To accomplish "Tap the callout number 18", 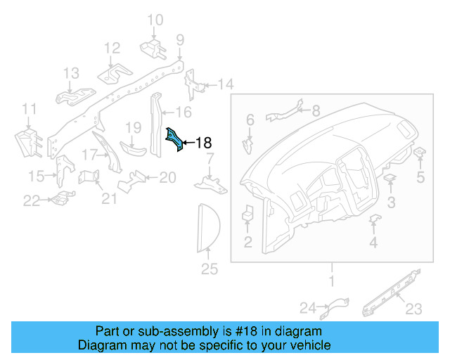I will pyautogui.click(x=202, y=143).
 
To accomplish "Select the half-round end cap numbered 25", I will pyautogui.click(x=207, y=227).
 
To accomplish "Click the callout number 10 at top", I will pyautogui.click(x=155, y=20).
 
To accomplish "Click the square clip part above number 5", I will pyautogui.click(x=420, y=153).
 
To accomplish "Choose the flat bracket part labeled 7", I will pyautogui.click(x=210, y=184).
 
